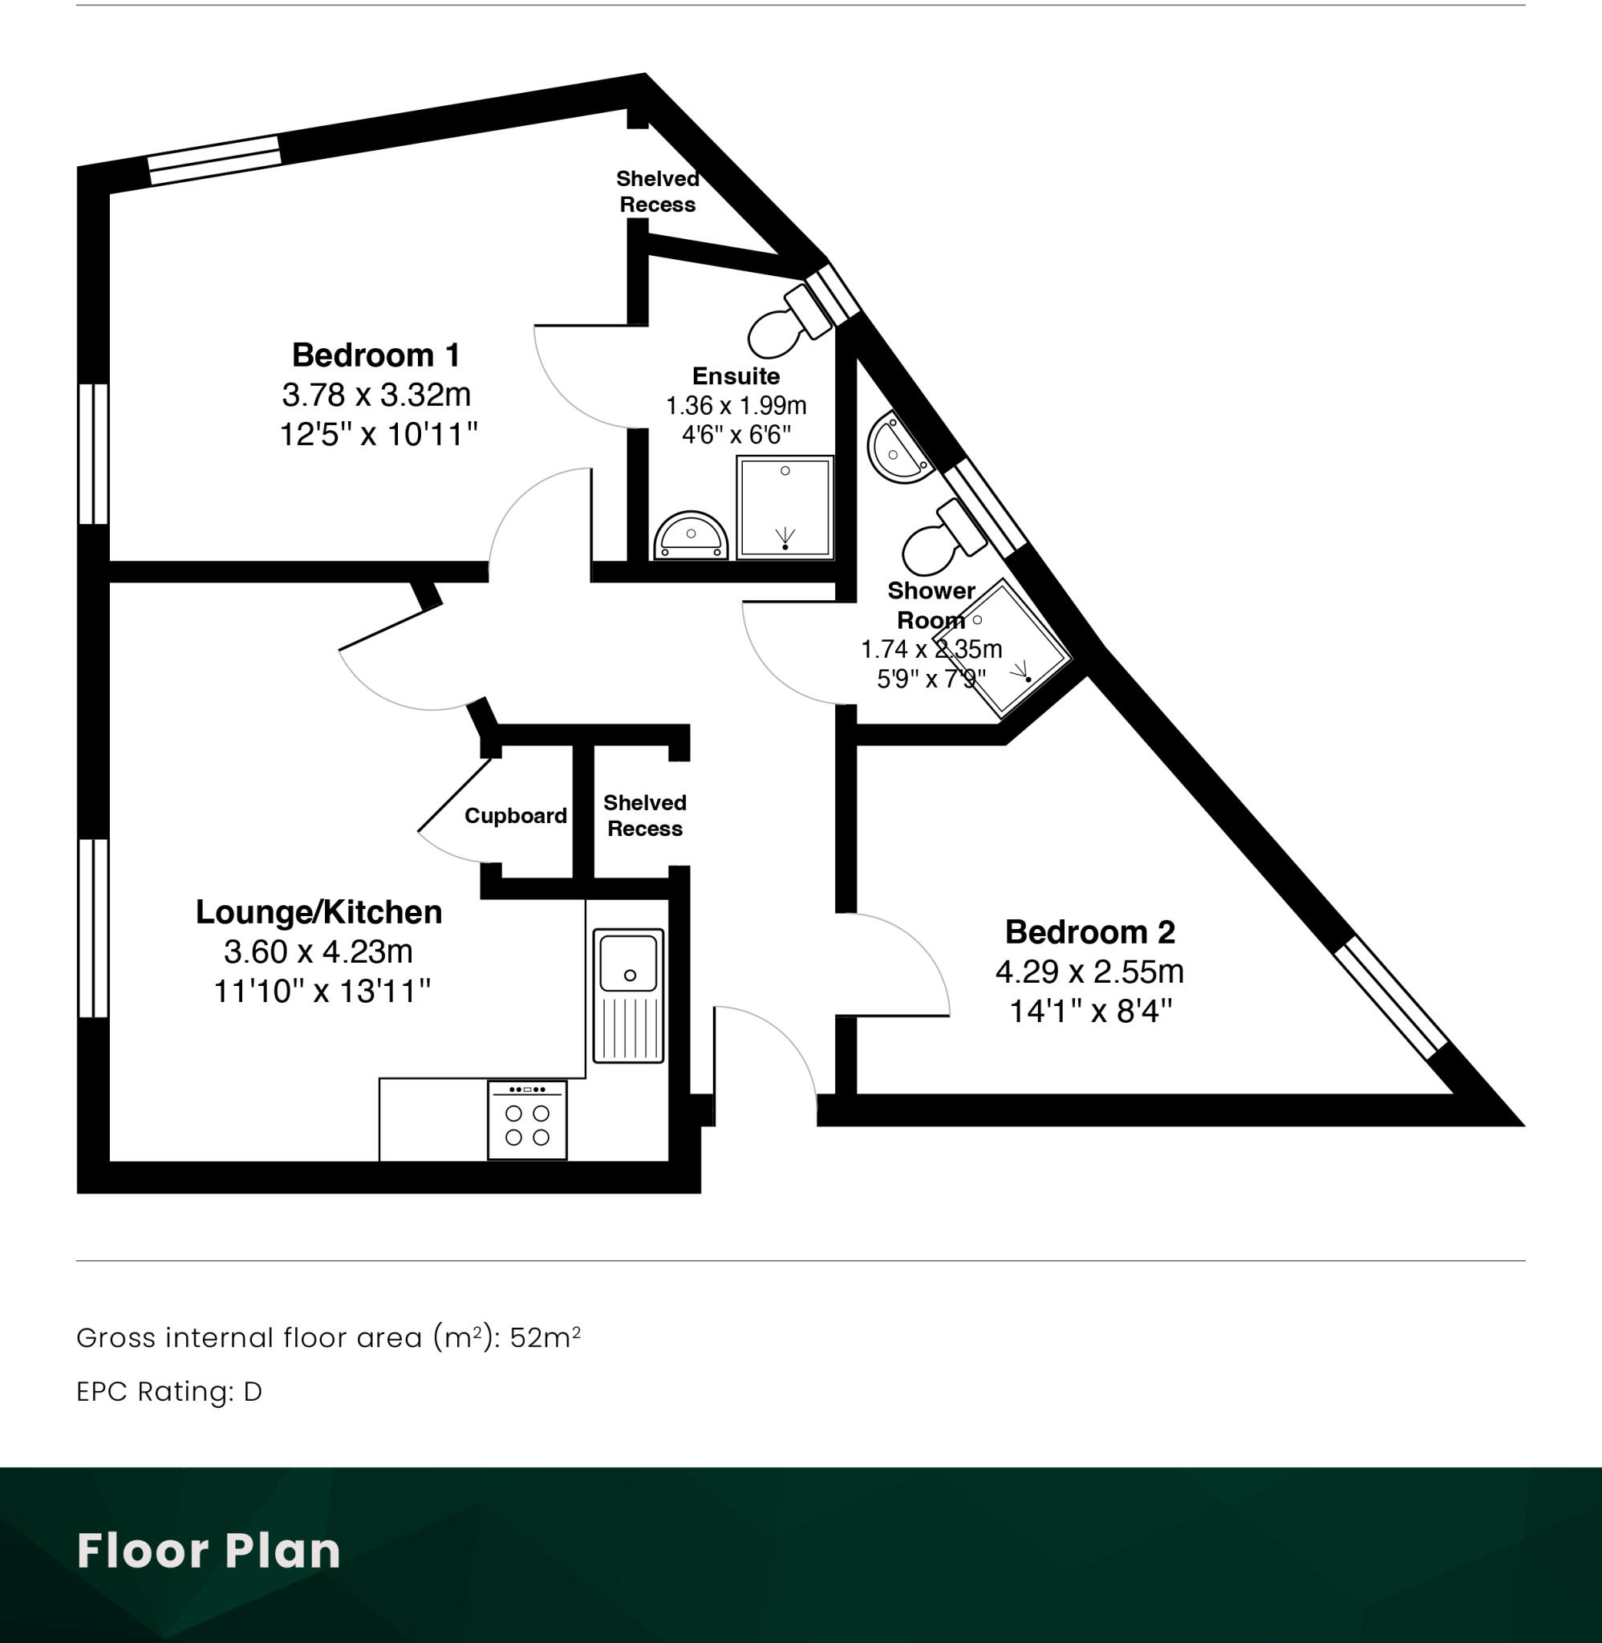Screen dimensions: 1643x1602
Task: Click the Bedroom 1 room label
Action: pos(376,355)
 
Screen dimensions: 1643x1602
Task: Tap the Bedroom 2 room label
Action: pos(1089,931)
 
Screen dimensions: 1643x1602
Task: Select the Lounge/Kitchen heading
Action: pos(319,912)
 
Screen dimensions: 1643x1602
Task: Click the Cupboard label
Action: pos(516,815)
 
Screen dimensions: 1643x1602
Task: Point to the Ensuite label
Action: pos(736,376)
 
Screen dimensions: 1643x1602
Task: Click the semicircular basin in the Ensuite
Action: pos(691,536)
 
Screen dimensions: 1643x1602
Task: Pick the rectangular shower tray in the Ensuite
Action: pos(785,507)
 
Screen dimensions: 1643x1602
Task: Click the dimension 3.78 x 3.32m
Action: pos(376,395)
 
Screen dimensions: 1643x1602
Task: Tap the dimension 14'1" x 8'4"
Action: pos(1090,1010)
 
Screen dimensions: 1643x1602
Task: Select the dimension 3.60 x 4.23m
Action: pos(319,951)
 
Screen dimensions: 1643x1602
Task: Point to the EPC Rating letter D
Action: pos(253,1391)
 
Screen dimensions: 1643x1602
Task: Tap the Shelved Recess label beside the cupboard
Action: pos(644,815)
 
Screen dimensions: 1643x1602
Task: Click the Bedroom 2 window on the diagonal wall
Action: pos(1392,997)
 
